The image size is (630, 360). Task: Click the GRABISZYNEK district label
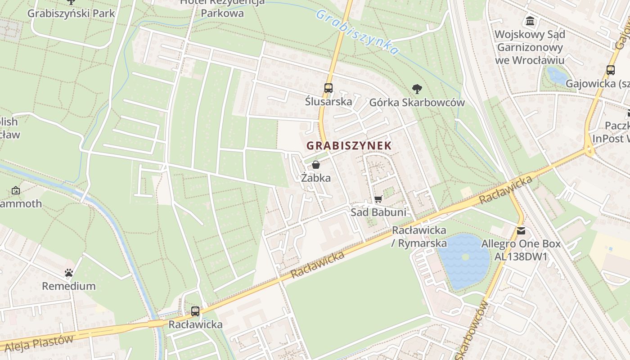349,146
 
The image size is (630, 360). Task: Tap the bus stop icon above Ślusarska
328,88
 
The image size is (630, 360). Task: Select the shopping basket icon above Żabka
316,165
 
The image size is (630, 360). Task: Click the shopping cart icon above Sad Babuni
378,199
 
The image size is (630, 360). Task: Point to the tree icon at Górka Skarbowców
417,89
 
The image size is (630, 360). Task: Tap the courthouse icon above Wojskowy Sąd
530,21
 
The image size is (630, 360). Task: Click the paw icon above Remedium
69,273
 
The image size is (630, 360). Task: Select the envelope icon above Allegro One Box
521,231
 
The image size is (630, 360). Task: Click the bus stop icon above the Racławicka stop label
195,311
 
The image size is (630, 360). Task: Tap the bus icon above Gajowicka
610,70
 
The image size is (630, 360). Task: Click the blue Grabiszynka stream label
357,32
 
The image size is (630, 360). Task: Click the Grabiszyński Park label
71,13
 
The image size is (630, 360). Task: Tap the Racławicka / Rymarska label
419,237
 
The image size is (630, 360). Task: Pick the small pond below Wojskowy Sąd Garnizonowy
557,76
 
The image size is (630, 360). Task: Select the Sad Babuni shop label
378,212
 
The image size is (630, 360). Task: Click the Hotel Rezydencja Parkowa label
222,7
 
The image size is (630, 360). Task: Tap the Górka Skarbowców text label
417,103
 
